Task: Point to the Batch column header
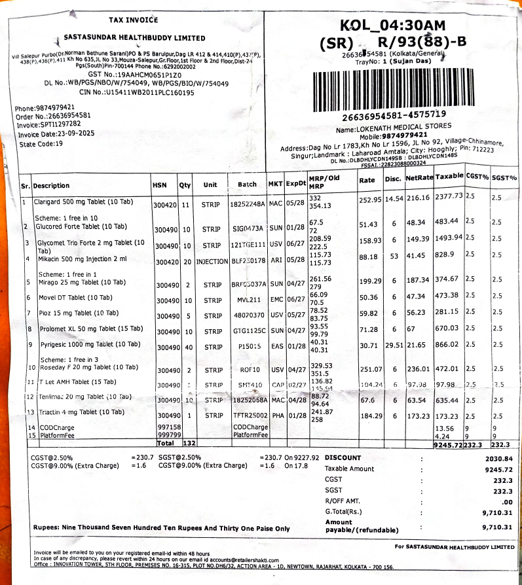pos(247,184)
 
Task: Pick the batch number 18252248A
pos(247,204)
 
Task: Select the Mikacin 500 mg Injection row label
pos(76,258)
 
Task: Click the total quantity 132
pos(185,443)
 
